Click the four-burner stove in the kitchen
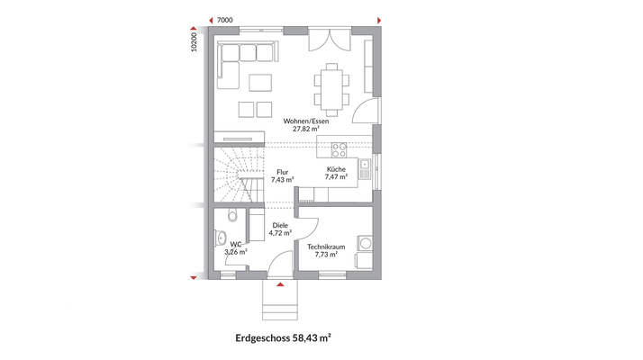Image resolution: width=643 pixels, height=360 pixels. pos(340,148)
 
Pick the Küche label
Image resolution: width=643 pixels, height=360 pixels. pos(335,169)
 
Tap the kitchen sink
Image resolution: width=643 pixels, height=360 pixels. pos(363,165)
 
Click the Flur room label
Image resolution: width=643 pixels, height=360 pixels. pos(282,171)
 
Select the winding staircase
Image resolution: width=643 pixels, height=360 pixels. pos(236,176)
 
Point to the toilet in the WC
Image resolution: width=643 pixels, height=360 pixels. pos(233,216)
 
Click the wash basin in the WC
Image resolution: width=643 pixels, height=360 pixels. pos(221,239)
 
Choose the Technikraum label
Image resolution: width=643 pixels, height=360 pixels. pos(325,246)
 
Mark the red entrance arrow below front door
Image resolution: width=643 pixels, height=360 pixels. pos(282,285)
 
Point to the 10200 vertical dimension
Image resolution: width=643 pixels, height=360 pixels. pos(195,43)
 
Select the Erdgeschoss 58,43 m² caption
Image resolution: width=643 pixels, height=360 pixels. pos(282,338)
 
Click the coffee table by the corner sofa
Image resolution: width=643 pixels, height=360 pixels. pos(260,83)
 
